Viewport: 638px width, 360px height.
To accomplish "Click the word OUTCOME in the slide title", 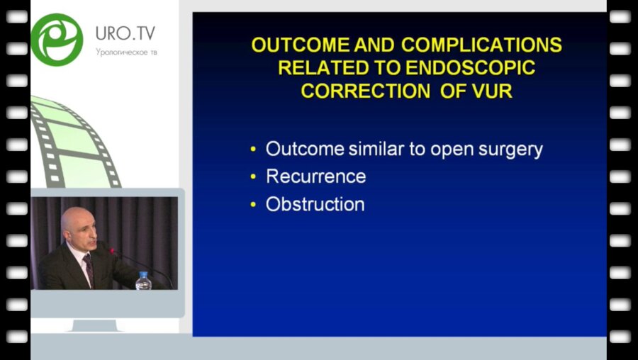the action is [x=301, y=45].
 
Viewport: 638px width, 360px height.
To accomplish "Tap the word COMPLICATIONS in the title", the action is [x=482, y=45].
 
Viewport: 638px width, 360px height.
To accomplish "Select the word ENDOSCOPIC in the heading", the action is [x=470, y=68].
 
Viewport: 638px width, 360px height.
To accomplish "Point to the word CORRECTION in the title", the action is [x=365, y=91].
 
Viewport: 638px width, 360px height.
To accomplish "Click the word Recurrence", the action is [x=316, y=176].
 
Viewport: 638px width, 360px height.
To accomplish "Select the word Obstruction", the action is [x=315, y=204].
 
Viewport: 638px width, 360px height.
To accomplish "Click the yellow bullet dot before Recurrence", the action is [x=254, y=177].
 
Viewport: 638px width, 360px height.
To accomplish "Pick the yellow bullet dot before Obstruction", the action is [x=254, y=205].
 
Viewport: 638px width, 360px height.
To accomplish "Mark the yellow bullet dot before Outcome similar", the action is [x=254, y=150].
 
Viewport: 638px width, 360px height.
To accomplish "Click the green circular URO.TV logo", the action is [x=57, y=40].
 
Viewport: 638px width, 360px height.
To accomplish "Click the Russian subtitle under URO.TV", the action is [x=126, y=52].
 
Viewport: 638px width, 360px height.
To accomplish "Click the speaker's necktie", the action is [x=89, y=269].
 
